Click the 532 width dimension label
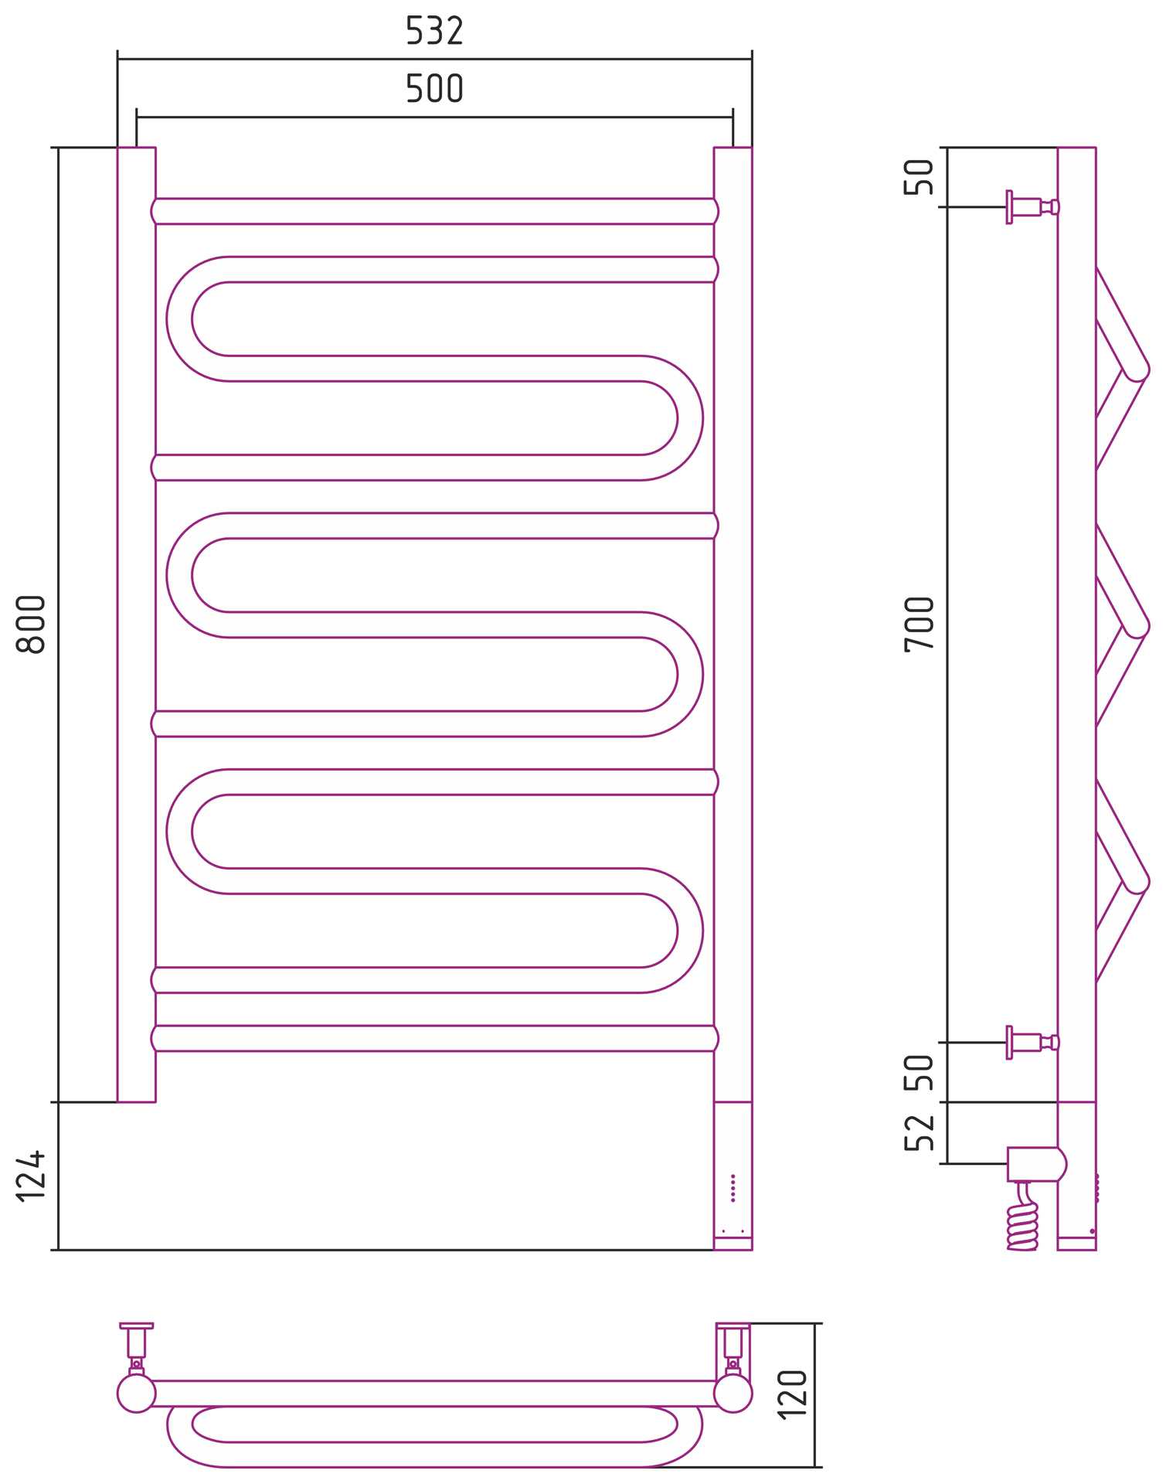[434, 32]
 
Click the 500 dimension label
[434, 89]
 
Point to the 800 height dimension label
[32, 624]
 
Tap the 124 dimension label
[32, 1176]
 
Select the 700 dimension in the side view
[920, 625]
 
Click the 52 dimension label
[920, 1133]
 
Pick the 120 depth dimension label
[793, 1394]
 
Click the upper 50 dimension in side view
[920, 177]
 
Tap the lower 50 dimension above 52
[920, 1072]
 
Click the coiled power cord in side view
[1023, 1217]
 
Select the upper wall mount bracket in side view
[1032, 207]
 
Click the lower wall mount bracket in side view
[1032, 1043]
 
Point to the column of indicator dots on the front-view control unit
[733, 1188]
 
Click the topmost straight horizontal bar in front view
[434, 211]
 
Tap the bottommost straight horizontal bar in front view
[434, 1038]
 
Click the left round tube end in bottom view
[137, 1394]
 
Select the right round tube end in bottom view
[733, 1394]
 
